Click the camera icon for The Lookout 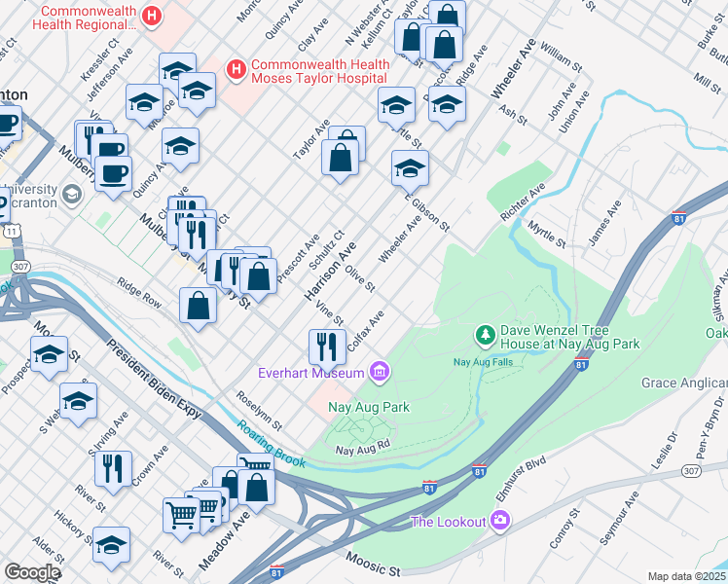tap(501, 522)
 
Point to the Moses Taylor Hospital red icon tap(235, 69)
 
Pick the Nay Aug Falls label tap(484, 361)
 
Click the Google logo tap(32, 572)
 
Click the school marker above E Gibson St tap(410, 168)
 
